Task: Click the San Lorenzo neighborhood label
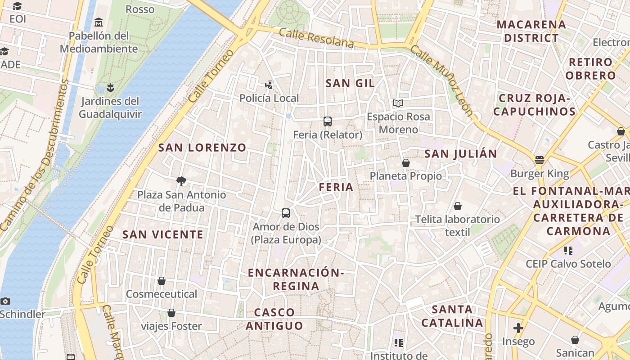click(x=202, y=147)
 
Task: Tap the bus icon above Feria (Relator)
click(x=328, y=121)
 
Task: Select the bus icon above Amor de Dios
click(x=286, y=213)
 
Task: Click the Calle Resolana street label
click(x=316, y=38)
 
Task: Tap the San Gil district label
click(x=350, y=83)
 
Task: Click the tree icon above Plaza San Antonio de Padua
click(x=181, y=181)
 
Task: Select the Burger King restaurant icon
click(x=539, y=160)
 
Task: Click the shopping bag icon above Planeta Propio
click(x=406, y=162)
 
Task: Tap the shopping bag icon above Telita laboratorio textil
click(x=458, y=206)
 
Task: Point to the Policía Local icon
click(x=269, y=85)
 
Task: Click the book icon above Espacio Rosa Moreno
click(x=398, y=103)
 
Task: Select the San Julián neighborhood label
click(x=461, y=154)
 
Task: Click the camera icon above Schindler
click(x=5, y=301)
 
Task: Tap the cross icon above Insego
click(x=518, y=328)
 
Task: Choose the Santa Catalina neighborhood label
click(x=452, y=316)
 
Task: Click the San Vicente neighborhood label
click(x=163, y=234)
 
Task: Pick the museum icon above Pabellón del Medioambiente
click(x=99, y=22)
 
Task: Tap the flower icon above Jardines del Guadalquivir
click(x=110, y=87)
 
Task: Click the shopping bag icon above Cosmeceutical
click(x=162, y=281)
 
